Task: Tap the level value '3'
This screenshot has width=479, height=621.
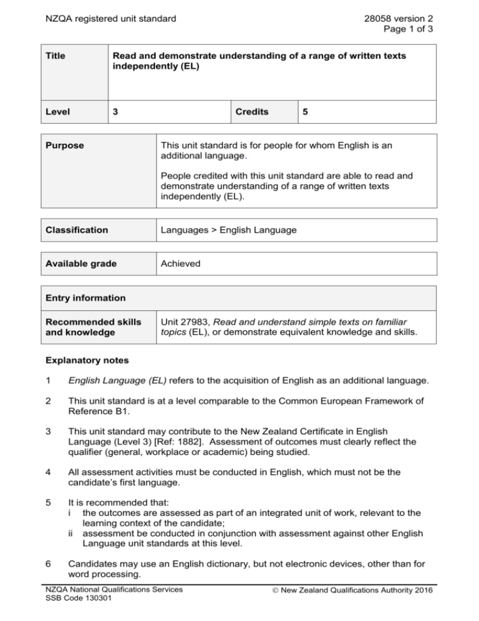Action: click(x=115, y=112)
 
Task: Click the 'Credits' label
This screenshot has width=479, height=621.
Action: click(x=253, y=112)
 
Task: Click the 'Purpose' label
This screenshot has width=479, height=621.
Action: click(x=62, y=145)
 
